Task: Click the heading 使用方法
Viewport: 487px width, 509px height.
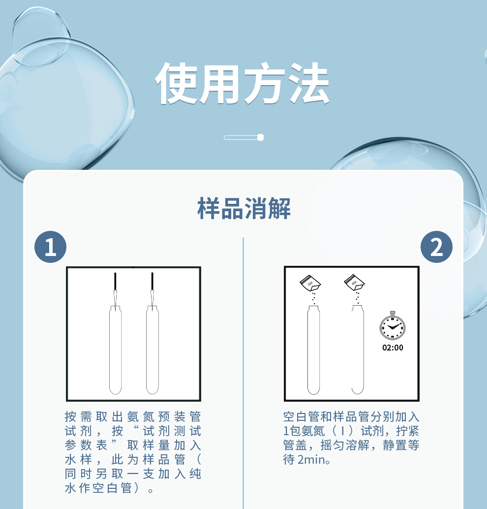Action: (x=243, y=83)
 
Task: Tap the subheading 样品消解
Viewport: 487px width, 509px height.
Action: (x=243, y=208)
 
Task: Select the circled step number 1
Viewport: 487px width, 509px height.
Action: (x=50, y=247)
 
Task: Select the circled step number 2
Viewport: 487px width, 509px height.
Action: (x=436, y=247)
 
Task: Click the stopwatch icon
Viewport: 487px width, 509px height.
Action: (x=393, y=326)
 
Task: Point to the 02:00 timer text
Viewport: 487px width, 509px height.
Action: (x=393, y=348)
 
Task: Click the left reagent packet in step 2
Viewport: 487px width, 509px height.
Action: (x=310, y=283)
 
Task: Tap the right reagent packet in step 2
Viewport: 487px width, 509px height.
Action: (x=354, y=283)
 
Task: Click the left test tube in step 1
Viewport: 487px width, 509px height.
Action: (x=115, y=350)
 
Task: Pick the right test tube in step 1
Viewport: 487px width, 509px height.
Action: (x=152, y=350)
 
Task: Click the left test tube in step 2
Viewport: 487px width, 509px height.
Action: (x=313, y=350)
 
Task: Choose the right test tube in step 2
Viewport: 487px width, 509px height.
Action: (x=358, y=350)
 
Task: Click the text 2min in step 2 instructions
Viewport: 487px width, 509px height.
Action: (x=311, y=460)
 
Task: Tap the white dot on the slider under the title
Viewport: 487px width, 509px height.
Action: (x=260, y=137)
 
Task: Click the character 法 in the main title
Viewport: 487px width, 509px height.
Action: (x=309, y=83)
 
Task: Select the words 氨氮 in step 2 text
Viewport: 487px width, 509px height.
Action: (x=313, y=431)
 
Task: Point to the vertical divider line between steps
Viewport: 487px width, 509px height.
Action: (x=243, y=373)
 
